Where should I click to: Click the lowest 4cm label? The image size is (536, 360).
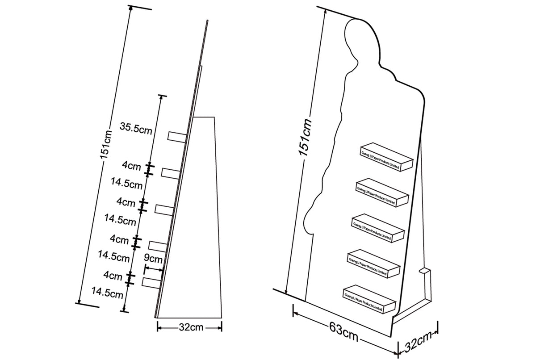click(113, 276)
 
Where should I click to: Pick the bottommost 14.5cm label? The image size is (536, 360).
click(107, 293)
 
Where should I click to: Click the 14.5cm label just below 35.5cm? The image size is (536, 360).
click(126, 183)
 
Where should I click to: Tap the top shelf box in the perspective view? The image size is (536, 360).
click(386, 156)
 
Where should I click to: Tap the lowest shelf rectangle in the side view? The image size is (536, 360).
click(152, 282)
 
